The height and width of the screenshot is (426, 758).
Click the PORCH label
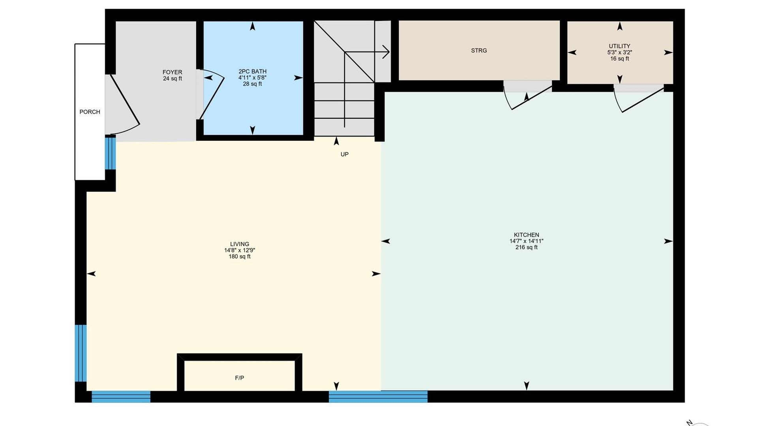tap(90, 112)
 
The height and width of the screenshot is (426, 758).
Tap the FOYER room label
tap(173, 72)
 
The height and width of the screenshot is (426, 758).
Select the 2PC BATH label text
tap(252, 71)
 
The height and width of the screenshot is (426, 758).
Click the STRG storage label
tap(479, 50)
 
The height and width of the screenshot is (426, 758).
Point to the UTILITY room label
tap(619, 46)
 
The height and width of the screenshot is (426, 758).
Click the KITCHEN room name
tap(526, 235)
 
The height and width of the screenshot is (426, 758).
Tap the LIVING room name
tap(240, 244)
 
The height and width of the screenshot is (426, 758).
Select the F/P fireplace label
tap(240, 378)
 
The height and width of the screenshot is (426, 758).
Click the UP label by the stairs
tap(345, 154)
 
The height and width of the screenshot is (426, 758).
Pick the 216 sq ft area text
tap(526, 247)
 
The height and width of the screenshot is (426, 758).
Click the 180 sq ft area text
tap(240, 257)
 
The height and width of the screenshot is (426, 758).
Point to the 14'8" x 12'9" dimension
tap(240, 250)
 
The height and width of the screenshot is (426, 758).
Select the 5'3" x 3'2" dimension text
tap(619, 52)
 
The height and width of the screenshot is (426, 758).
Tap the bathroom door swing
tap(212, 97)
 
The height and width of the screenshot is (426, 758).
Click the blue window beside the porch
tap(110, 152)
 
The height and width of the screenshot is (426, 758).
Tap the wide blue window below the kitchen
tap(378, 396)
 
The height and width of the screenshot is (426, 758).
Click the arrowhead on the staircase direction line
tap(387, 52)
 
